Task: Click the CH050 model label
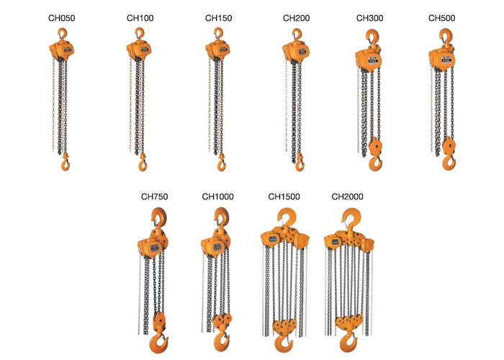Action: (62, 18)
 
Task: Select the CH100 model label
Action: (140, 18)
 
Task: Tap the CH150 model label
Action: (219, 18)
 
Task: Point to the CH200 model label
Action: (297, 18)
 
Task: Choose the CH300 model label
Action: (369, 18)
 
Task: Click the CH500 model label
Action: (441, 18)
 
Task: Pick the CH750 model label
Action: (154, 197)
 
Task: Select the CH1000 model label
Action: (217, 197)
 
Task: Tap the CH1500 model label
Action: (284, 197)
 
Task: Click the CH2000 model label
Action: (348, 197)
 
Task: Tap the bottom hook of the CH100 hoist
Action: (141, 165)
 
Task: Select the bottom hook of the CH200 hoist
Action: (299, 165)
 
